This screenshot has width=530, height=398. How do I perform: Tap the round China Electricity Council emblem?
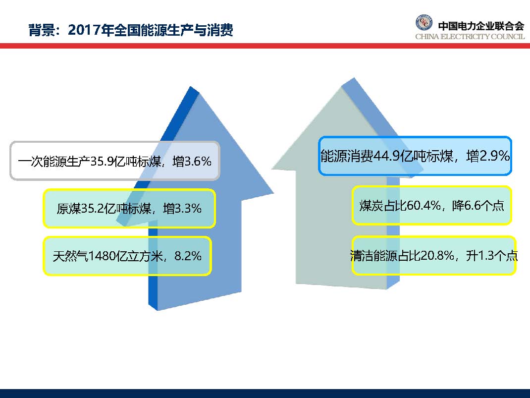pyautogui.click(x=424, y=24)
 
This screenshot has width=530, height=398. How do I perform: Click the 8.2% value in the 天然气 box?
pyautogui.click(x=187, y=256)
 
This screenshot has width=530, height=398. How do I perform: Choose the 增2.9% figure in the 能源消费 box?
pyautogui.click(x=487, y=157)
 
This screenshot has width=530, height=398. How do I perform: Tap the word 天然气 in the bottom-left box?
pyautogui.click(x=68, y=256)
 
